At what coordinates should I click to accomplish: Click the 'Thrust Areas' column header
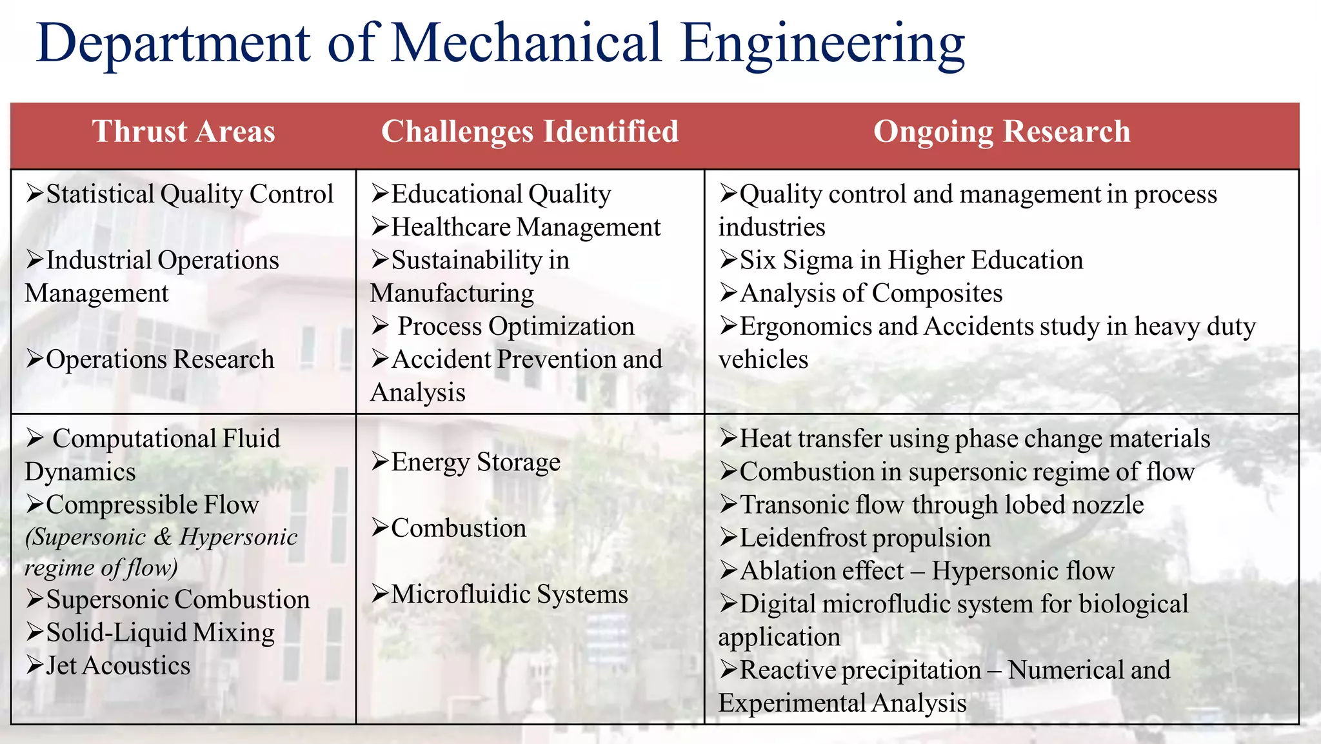point(184,132)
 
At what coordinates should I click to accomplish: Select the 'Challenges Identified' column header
point(530,132)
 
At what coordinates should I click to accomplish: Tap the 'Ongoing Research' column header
point(1002,132)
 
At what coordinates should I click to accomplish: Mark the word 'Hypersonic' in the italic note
point(239,537)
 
